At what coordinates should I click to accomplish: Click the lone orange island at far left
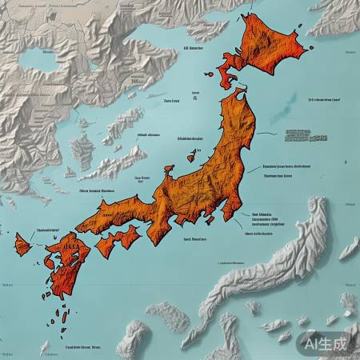(22, 241)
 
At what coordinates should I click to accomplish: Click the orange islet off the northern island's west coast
(210, 74)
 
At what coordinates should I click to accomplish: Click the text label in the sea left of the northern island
(194, 48)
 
